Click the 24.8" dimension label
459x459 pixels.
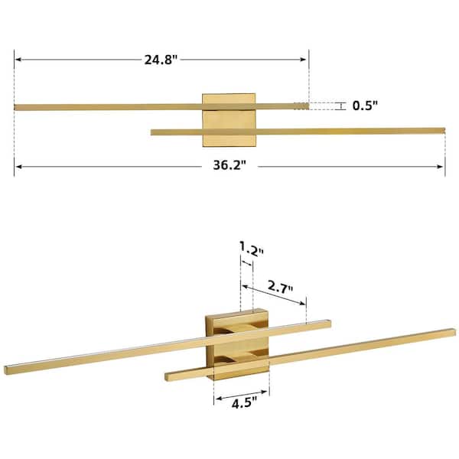pyautogui.click(x=161, y=60)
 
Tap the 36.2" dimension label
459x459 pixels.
pyautogui.click(x=229, y=165)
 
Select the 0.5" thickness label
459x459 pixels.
pyautogui.click(x=365, y=106)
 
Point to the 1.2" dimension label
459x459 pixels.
pyautogui.click(x=252, y=249)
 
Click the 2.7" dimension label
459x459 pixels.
pyautogui.click(x=280, y=287)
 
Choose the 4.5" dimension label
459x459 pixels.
pyautogui.click(x=244, y=404)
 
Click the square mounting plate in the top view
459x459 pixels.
pyautogui.click(x=229, y=120)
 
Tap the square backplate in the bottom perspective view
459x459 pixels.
pyautogui.click(x=237, y=345)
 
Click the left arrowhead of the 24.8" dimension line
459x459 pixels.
pyautogui.click(x=18, y=60)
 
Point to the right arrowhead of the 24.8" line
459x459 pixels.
pyautogui.click(x=303, y=60)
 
